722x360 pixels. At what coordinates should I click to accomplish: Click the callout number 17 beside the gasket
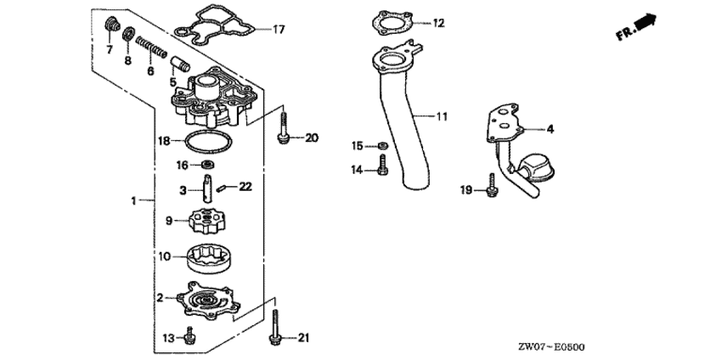(279, 30)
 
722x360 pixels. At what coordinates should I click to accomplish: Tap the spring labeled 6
(151, 48)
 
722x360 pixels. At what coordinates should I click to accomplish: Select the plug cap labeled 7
(111, 24)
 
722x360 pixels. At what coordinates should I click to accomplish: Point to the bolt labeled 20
(283, 125)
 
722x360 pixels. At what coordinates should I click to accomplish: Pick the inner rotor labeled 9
(207, 220)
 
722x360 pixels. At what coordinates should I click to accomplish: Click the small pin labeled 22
(221, 188)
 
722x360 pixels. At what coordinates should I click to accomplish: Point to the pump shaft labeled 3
(207, 188)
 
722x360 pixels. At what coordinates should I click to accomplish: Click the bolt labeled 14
(382, 165)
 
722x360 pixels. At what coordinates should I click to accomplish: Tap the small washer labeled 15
(382, 146)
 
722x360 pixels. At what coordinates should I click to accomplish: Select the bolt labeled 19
(492, 186)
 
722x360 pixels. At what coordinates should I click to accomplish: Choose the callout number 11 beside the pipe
(442, 117)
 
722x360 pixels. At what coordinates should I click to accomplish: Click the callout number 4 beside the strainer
(550, 129)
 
